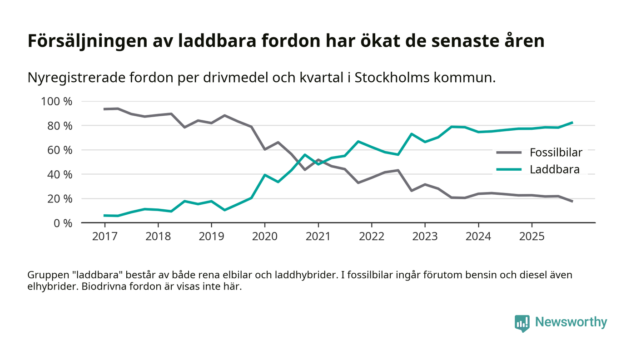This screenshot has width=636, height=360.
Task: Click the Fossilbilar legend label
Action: point(556,153)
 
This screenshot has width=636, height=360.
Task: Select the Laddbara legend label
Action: point(554,170)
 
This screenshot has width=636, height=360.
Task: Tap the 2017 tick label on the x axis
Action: point(104,237)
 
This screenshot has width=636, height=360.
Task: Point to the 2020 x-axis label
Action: point(265,237)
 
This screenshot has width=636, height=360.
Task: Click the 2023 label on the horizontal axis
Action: point(425,237)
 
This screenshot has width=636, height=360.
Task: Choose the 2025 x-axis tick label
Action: point(532,237)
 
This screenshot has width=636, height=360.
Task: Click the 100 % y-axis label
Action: point(57,101)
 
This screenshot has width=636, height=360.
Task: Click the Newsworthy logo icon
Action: point(522,323)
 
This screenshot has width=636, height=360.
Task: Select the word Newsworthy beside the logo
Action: point(571,322)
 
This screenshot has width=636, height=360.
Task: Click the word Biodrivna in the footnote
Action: point(103,287)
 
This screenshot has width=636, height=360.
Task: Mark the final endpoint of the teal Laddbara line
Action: point(572,123)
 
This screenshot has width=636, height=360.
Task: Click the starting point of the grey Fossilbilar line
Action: point(104,109)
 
